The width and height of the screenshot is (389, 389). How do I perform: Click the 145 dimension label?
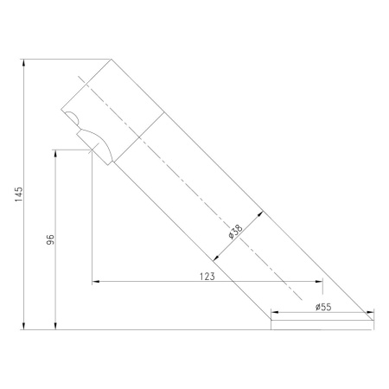coord(18,194)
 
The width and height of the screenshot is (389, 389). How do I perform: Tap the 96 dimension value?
coord(50,239)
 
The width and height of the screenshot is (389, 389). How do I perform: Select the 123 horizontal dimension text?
coord(207,277)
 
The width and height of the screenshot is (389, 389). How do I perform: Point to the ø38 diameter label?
coord(236,232)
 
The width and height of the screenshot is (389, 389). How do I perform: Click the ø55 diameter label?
coord(323,307)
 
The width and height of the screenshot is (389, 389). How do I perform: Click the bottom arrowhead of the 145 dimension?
coord(24,326)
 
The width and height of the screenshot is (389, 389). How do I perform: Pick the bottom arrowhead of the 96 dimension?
coord(55,326)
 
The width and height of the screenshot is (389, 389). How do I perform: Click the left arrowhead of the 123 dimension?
coord(96,281)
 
